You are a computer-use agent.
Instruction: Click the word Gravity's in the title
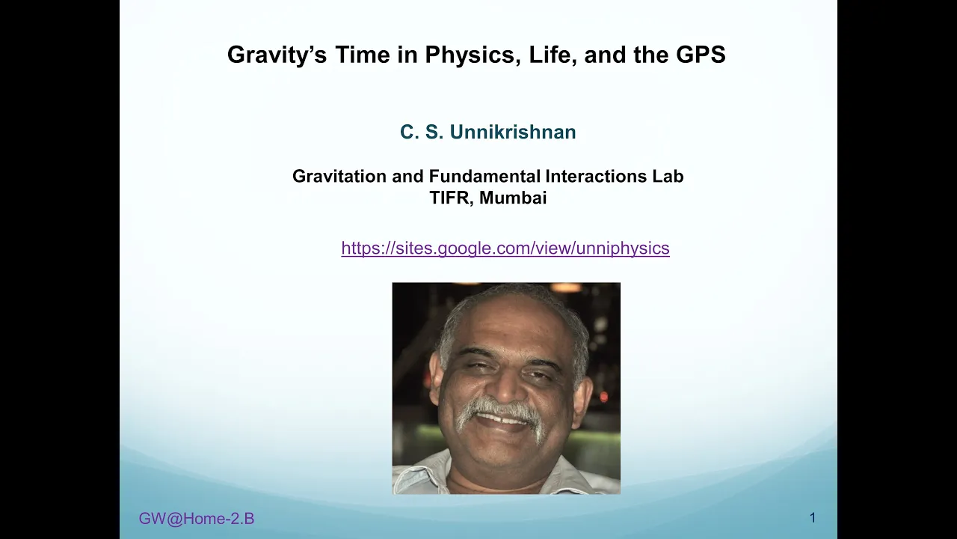point(277,55)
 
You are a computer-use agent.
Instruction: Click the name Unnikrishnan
point(513,132)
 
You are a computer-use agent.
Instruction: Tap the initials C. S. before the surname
point(421,132)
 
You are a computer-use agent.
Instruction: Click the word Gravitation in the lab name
point(339,176)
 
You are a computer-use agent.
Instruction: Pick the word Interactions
point(596,176)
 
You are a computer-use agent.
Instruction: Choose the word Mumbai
point(513,198)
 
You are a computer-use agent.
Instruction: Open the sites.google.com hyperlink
point(505,249)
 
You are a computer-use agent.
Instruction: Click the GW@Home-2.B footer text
point(197,519)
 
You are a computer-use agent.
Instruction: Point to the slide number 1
point(813,518)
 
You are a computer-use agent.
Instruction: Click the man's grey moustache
point(500,413)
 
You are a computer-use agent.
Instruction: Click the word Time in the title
point(363,55)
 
